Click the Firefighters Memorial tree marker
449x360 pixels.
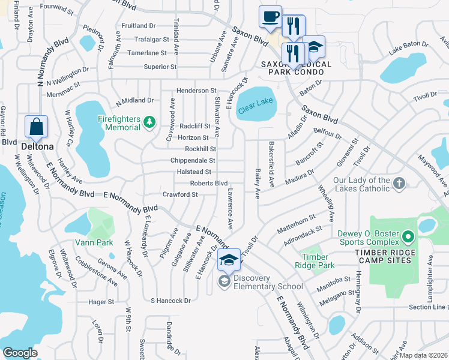pyautogui.click(x=149, y=124)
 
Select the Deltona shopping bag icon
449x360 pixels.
pyautogui.click(x=36, y=128)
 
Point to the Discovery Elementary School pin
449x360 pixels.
pyautogui.click(x=224, y=281)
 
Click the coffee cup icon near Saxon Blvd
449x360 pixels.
pyautogui.click(x=270, y=16)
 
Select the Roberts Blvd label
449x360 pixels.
pyautogui.click(x=209, y=183)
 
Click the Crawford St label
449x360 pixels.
pyautogui.click(x=180, y=194)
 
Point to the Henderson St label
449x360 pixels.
pyautogui.click(x=196, y=91)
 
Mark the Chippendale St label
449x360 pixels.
pyautogui.click(x=193, y=161)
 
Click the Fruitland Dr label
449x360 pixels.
pyautogui.click(x=138, y=26)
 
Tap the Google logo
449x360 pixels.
pyautogui.click(x=20, y=353)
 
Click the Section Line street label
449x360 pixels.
pyautogui.click(x=428, y=307)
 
